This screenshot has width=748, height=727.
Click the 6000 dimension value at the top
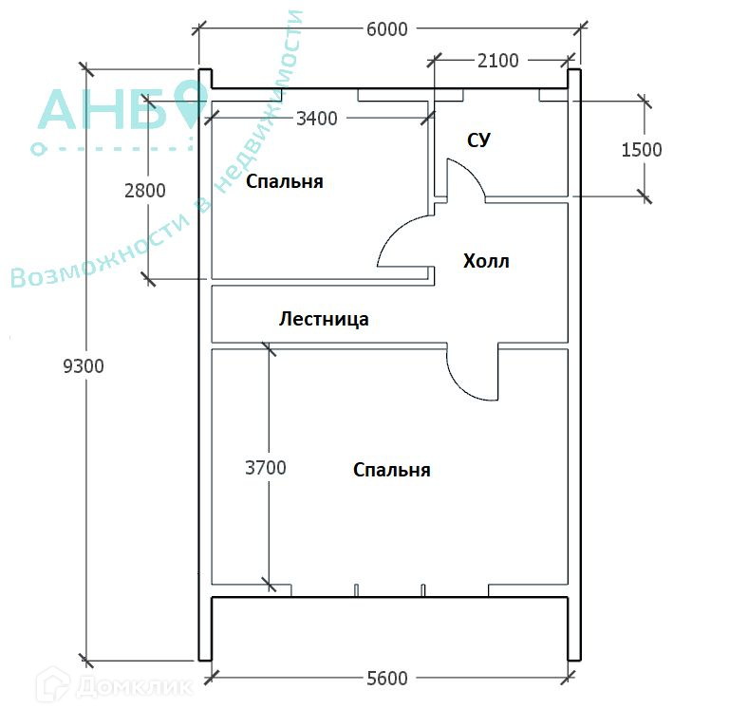click(387, 29)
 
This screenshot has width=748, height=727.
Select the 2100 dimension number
click(498, 61)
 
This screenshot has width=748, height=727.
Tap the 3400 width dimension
click(317, 119)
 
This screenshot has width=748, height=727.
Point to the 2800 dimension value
click(145, 191)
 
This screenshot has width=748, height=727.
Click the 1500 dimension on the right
click(642, 150)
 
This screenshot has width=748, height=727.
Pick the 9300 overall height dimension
click(84, 366)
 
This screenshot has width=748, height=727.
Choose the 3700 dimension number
click(266, 468)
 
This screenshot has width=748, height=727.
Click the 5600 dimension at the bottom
click(387, 679)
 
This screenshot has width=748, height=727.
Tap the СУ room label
click(478, 140)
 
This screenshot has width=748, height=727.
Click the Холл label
click(486, 261)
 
